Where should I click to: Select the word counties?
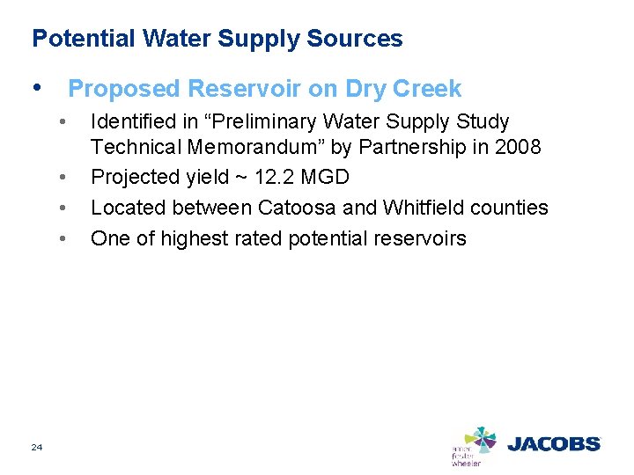512,208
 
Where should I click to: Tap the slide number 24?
36,449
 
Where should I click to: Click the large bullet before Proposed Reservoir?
37,88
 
